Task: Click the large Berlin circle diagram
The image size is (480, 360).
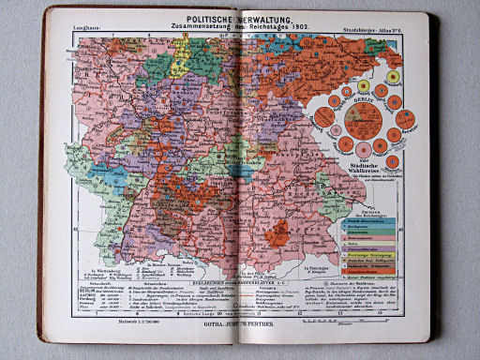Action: [364, 123]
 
